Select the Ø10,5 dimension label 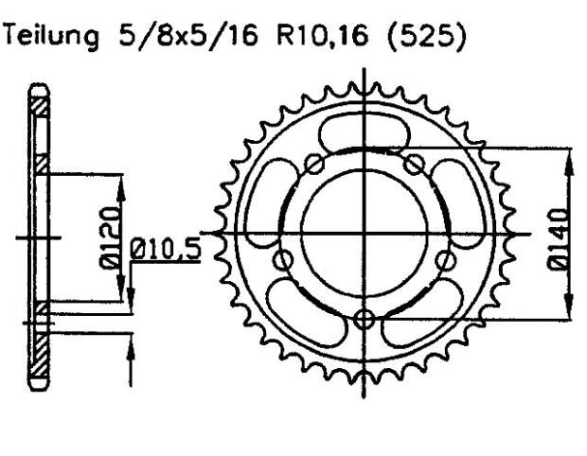click(x=166, y=253)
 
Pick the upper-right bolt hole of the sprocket click(x=413, y=165)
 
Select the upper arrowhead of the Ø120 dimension click(x=119, y=180)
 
